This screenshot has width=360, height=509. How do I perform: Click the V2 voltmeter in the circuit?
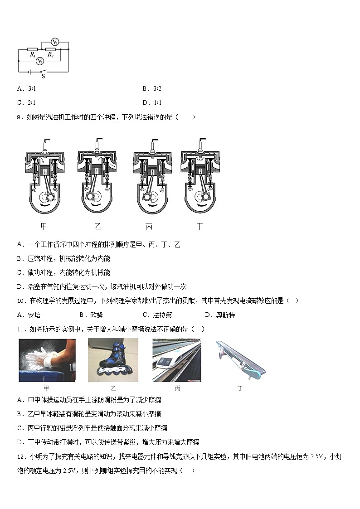tap(55, 42)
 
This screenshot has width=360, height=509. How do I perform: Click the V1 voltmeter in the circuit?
tap(40, 61)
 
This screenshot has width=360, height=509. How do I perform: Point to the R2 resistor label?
tap(50, 55)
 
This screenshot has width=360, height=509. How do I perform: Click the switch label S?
tap(43, 76)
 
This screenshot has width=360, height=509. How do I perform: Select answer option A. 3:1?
tap(26, 88)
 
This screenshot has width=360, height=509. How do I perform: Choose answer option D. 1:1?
tap(152, 102)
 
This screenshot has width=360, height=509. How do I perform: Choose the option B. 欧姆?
tap(91, 315)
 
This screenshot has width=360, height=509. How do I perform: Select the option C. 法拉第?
tap(157, 315)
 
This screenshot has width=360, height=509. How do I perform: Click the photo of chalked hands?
tap(47, 360)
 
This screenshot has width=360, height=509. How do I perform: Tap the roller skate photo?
tap(113, 360)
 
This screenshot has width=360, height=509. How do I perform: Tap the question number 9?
tap(19, 117)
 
